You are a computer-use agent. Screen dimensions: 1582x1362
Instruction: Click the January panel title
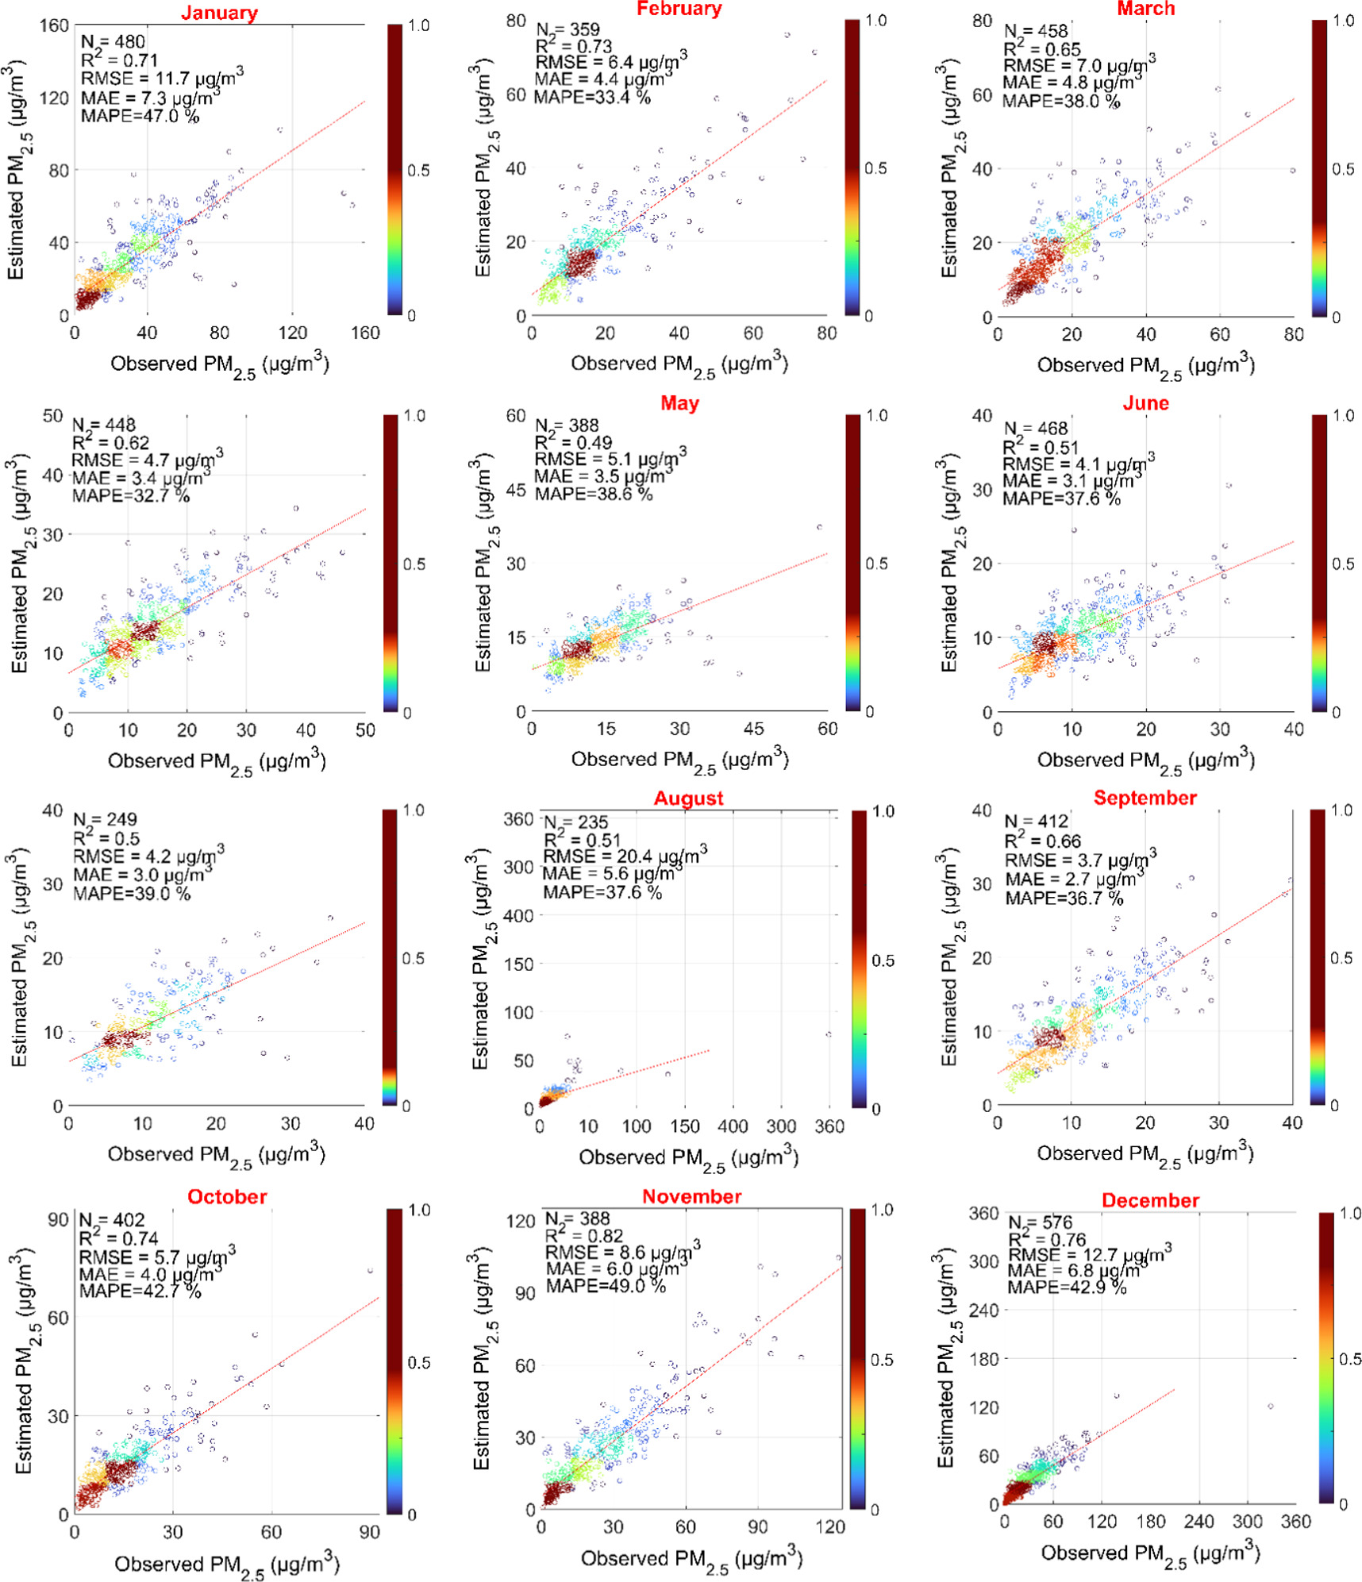coord(219,13)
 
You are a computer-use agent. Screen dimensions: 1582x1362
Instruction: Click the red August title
coord(687,798)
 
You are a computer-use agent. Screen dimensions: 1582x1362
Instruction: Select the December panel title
coord(1149,1200)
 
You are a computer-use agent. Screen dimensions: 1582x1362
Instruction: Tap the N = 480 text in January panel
coord(113,41)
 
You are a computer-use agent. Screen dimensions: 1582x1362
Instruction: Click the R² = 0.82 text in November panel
coord(583,1236)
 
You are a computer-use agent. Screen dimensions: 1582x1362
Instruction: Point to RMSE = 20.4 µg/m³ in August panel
coord(625,856)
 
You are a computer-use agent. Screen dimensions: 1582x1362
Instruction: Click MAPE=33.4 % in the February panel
coord(591,97)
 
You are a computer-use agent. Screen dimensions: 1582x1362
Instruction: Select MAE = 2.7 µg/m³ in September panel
coord(1074,879)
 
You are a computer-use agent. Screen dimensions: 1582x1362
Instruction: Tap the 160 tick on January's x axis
coord(365,333)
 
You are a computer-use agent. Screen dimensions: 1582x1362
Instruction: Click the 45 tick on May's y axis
coord(516,490)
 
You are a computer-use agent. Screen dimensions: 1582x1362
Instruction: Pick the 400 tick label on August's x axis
coord(732,1126)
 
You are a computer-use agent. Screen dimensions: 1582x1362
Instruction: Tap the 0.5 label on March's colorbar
coord(1341,169)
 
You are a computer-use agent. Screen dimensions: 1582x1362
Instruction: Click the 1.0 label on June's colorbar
coord(1343,415)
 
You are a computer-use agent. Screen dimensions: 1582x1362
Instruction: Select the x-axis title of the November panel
coord(691,1558)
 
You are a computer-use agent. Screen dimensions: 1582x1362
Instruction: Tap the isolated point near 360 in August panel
coord(828,1034)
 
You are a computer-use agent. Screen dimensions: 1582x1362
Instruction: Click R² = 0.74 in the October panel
coord(118,1238)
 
